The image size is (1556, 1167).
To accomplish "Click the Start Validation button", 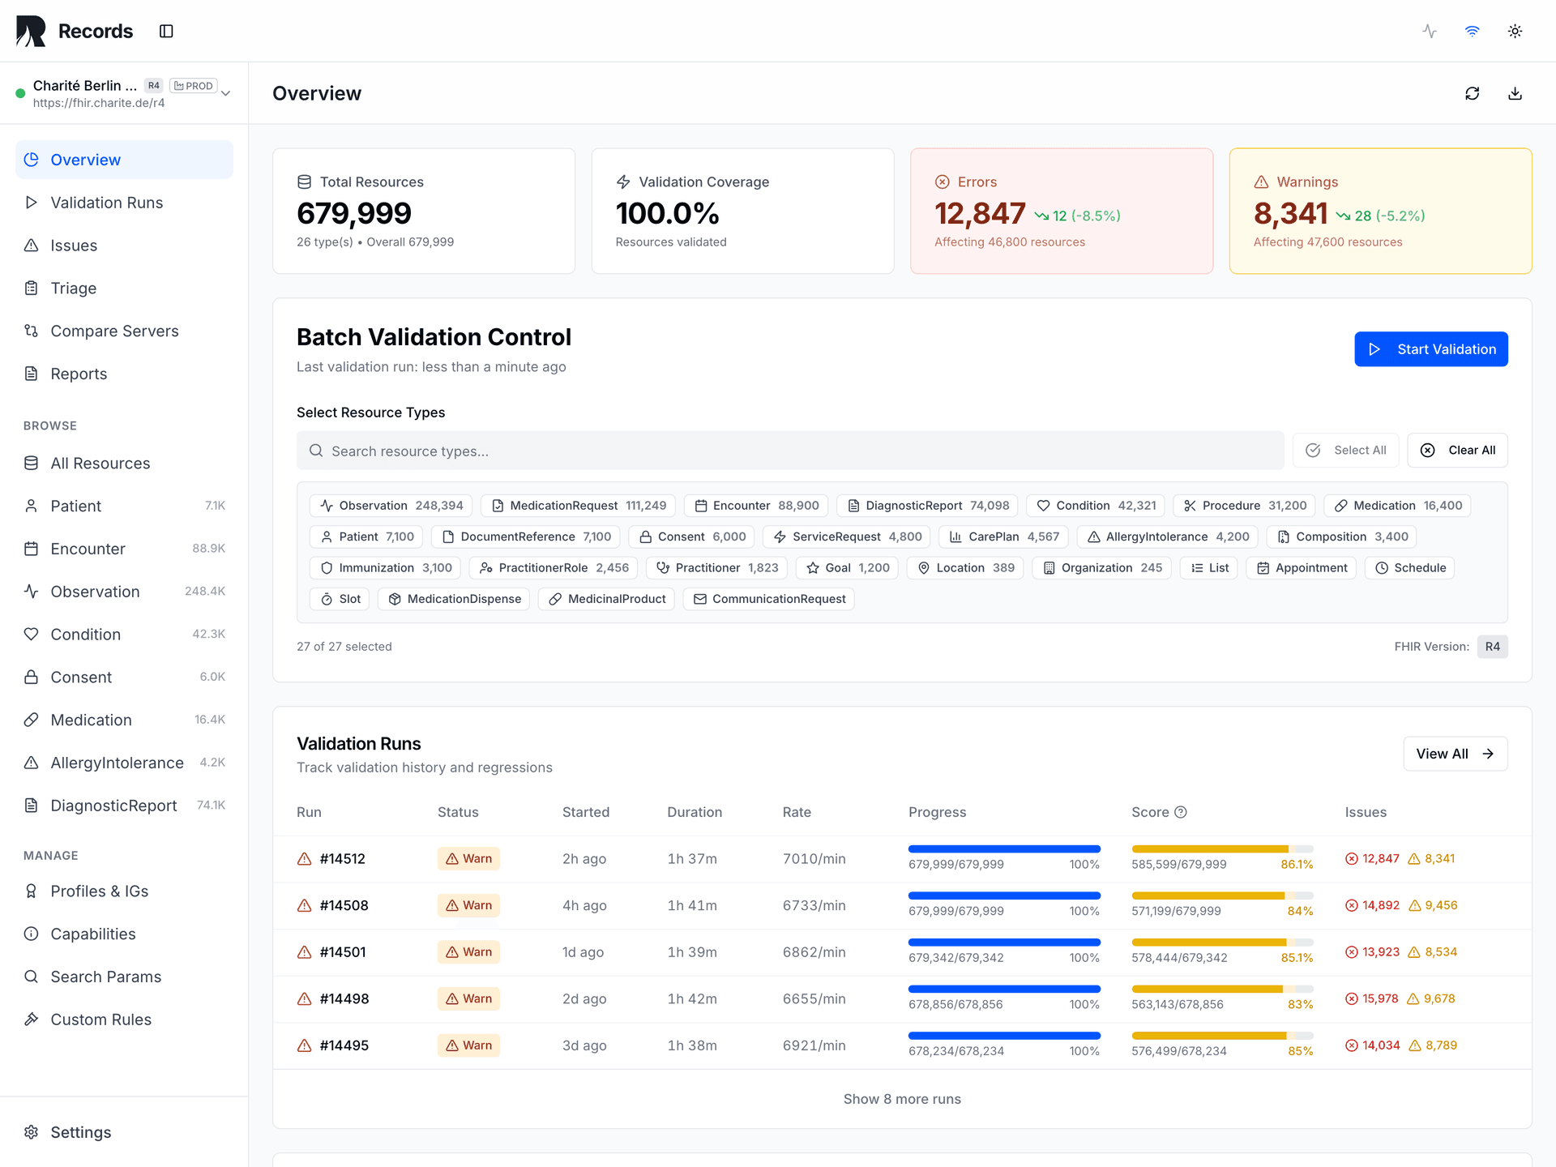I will (x=1430, y=349).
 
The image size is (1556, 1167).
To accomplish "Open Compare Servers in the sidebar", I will (x=114, y=331).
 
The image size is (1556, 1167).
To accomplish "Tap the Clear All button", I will (x=1457, y=451).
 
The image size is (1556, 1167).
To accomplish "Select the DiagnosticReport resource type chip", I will (x=929, y=506).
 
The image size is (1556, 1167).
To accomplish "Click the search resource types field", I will (x=790, y=451).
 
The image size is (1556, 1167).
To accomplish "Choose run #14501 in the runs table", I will (x=343, y=952).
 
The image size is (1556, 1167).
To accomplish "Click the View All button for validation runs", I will (x=1455, y=754).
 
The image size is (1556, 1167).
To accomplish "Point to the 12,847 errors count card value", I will (x=980, y=214).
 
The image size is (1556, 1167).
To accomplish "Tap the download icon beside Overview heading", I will (x=1515, y=93).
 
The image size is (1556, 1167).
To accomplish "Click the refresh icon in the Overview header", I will (x=1472, y=93).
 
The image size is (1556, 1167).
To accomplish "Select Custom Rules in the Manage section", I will (x=100, y=1020).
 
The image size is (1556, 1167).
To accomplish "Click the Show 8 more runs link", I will (x=901, y=1099).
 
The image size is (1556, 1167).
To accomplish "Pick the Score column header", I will (x=1150, y=812).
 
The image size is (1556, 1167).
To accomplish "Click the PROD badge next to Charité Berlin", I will (x=194, y=86).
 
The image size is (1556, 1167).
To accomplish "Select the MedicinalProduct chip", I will (x=607, y=599).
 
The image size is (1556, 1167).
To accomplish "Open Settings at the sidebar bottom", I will (x=80, y=1132).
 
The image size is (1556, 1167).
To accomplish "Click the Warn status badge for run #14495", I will (x=468, y=1045).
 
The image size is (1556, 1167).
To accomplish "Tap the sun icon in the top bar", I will (x=1515, y=31).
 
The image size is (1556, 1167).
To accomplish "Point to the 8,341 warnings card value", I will (x=1290, y=214).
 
